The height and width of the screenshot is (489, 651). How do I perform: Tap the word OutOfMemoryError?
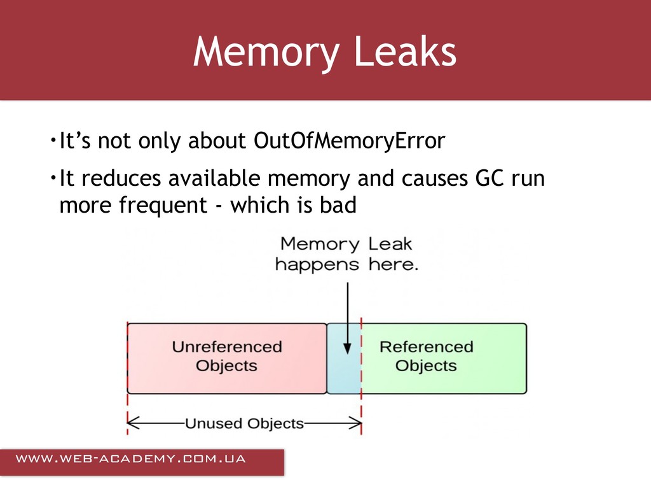point(349,141)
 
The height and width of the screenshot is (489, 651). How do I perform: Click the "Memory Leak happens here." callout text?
point(346,254)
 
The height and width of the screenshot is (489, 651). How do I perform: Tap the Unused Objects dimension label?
point(244,423)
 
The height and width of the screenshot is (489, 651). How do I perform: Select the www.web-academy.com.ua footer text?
point(130,459)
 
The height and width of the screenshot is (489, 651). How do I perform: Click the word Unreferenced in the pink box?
point(227,347)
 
